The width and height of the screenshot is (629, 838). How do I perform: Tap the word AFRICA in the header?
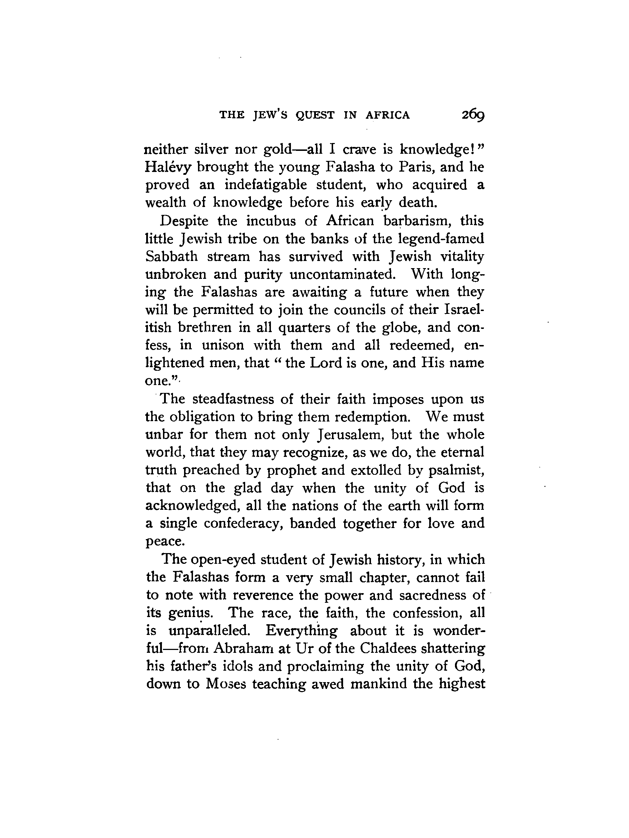pyautogui.click(x=388, y=115)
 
